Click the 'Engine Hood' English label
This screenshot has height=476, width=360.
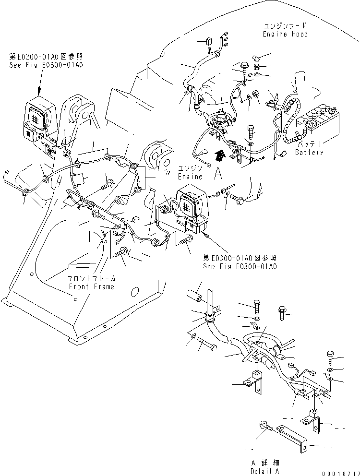[285, 34]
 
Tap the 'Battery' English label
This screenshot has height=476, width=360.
[309, 153]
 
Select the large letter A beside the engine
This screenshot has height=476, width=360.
[218, 174]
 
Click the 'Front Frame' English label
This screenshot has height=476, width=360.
[91, 286]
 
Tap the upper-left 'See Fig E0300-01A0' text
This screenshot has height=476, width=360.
[46, 64]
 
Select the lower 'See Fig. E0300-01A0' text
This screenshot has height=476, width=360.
[240, 266]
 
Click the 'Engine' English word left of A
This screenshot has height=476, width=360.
[190, 177]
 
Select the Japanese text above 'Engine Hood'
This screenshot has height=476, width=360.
[285, 26]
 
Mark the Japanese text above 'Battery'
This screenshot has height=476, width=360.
[309, 144]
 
